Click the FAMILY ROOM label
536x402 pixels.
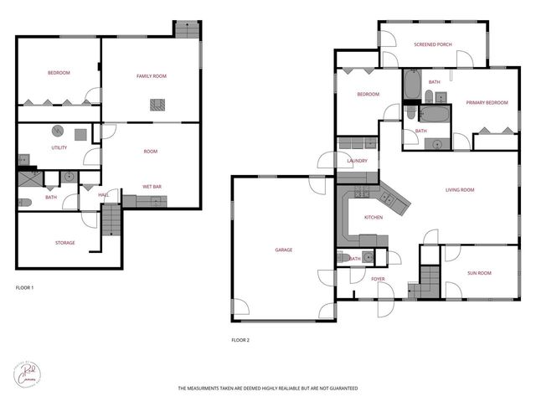[x=152, y=76]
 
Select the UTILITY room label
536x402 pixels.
[x=59, y=147]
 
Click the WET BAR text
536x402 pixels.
[x=152, y=186]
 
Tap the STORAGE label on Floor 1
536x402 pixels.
[x=65, y=243]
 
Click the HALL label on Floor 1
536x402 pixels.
[x=104, y=195]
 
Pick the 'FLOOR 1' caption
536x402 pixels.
[x=25, y=287]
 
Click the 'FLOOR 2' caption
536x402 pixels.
[x=240, y=340]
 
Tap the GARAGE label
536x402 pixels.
[x=284, y=250]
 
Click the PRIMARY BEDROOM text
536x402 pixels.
[x=487, y=102]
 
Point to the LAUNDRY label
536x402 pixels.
[x=357, y=161]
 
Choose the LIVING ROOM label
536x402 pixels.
[x=459, y=190]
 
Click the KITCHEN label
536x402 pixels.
[x=373, y=217]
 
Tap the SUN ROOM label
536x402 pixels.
[x=479, y=273]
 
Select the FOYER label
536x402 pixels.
[x=378, y=278]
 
